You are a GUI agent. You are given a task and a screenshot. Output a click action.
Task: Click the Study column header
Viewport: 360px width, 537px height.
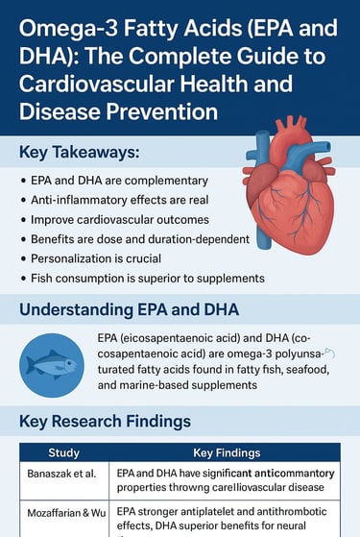coord(64,452)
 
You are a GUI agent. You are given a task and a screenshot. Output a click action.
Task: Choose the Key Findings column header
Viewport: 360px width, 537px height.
coord(227,452)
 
